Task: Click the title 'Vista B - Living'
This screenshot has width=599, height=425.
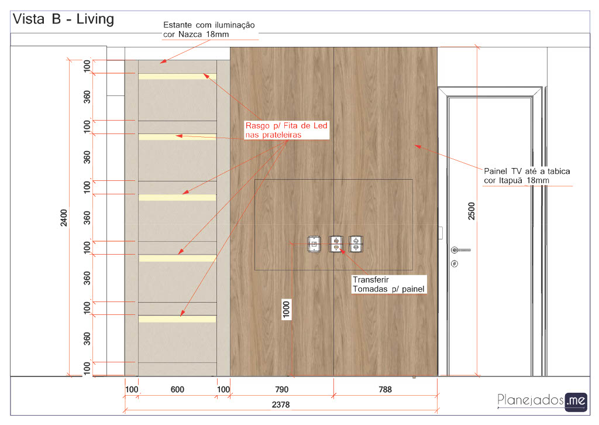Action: [x=63, y=19]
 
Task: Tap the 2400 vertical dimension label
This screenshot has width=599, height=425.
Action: [x=64, y=218]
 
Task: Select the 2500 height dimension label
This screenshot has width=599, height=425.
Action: [x=471, y=211]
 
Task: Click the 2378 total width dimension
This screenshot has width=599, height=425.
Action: [x=281, y=405]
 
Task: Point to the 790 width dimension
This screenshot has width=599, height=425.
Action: [x=282, y=389]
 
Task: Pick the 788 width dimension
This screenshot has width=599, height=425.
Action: [x=385, y=389]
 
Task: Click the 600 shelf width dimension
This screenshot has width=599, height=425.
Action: [x=177, y=389]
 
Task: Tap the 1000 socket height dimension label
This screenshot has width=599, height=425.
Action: [x=286, y=310]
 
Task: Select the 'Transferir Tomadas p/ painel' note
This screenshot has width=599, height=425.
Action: [x=388, y=285]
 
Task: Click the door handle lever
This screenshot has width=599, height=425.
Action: [x=460, y=250]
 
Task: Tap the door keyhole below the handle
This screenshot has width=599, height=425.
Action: [x=455, y=263]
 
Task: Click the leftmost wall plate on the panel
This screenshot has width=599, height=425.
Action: [x=314, y=244]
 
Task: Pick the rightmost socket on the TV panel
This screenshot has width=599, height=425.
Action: [x=356, y=244]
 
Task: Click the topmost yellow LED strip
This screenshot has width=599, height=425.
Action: [x=177, y=77]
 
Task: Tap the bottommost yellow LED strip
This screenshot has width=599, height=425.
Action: [x=177, y=318]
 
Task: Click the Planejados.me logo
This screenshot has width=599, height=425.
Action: [x=542, y=402]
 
